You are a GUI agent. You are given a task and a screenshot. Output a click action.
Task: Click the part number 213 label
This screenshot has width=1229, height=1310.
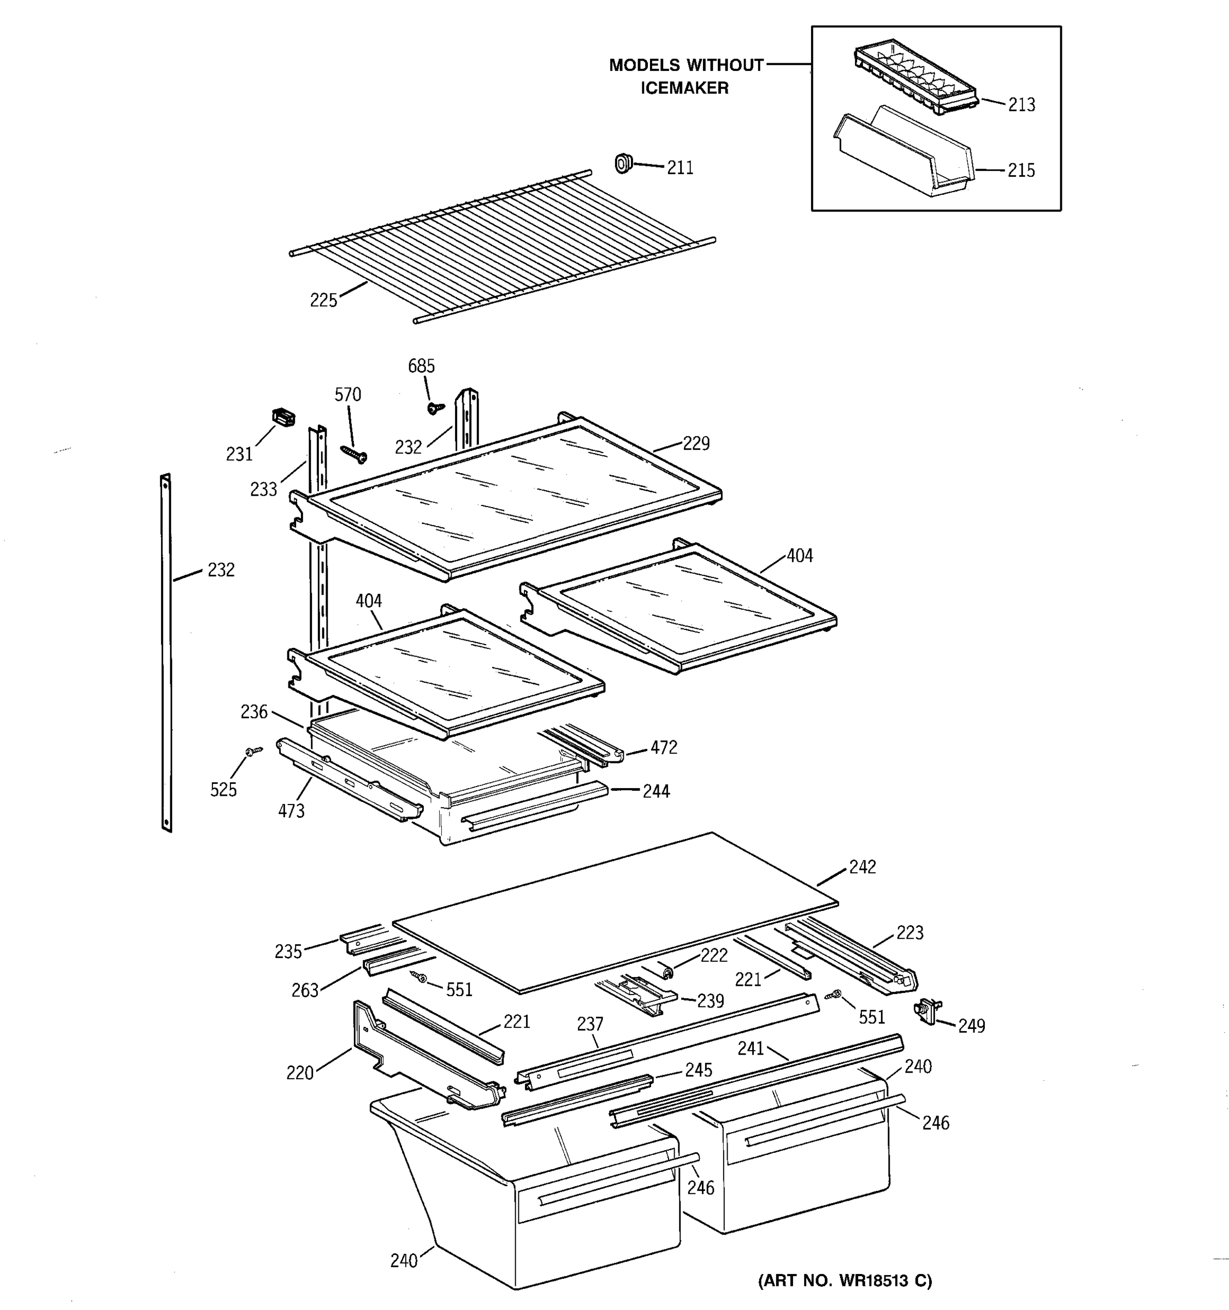[1021, 105]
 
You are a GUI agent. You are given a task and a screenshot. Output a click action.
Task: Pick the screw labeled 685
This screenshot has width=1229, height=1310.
[434, 408]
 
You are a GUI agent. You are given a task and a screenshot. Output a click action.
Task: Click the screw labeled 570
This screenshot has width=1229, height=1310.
[354, 454]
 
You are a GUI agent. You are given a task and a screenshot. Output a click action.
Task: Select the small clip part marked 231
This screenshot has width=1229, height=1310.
[283, 417]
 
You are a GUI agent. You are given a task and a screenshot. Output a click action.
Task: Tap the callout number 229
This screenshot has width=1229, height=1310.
[695, 443]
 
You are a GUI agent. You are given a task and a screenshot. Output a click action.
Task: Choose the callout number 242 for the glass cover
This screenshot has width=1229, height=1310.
[862, 867]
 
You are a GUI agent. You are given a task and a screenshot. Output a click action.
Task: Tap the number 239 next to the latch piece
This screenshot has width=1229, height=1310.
[710, 1001]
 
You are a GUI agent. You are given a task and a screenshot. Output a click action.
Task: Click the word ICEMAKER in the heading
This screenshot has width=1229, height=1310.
[684, 88]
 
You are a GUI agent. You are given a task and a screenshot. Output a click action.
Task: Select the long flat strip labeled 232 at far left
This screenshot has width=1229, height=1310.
[166, 652]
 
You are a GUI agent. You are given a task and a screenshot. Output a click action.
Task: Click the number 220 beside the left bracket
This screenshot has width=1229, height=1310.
[299, 1073]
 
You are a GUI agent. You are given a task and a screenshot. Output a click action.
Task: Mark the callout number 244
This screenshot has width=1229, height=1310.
[656, 791]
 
